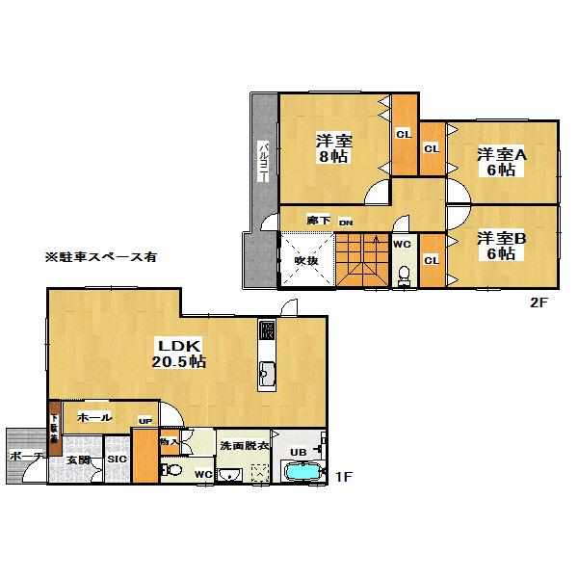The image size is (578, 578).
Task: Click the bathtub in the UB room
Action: pyautogui.click(x=303, y=473)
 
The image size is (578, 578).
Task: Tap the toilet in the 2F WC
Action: pyautogui.click(x=404, y=275)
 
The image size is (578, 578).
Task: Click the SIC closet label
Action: pyautogui.click(x=118, y=460)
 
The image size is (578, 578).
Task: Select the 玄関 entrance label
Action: pyautogui.click(x=78, y=460)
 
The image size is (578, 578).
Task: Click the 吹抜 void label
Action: pyautogui.click(x=305, y=260)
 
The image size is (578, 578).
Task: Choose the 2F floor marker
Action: pyautogui.click(x=538, y=302)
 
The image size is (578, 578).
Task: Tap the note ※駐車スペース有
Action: pyautogui.click(x=100, y=258)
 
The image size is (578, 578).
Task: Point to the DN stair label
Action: pyautogui.click(x=344, y=223)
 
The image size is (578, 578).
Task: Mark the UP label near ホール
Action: pyautogui.click(x=145, y=421)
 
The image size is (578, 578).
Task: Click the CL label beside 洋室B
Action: pyautogui.click(x=433, y=260)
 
